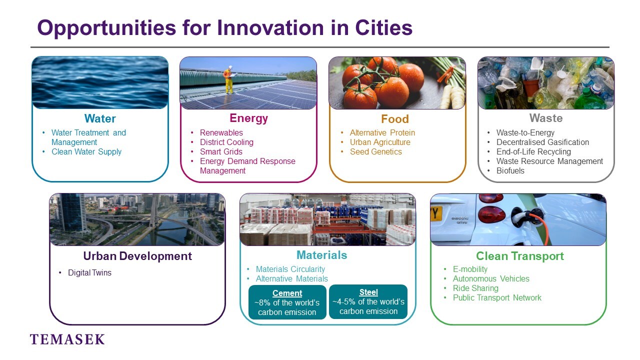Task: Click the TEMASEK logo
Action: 67,339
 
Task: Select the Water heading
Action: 100,118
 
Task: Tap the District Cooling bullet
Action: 226,142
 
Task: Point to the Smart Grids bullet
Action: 221,151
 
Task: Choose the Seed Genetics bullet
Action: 375,151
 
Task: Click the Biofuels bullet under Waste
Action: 510,170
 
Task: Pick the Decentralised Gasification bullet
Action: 542,142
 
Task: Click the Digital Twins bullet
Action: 89,272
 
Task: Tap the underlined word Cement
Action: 287,293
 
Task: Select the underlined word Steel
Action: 368,292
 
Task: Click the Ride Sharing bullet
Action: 475,288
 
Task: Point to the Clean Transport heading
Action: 520,256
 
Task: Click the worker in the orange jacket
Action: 229,79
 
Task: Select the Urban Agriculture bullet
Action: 380,142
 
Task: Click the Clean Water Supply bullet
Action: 86,151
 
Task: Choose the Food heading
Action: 395,119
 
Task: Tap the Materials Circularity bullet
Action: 290,269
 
